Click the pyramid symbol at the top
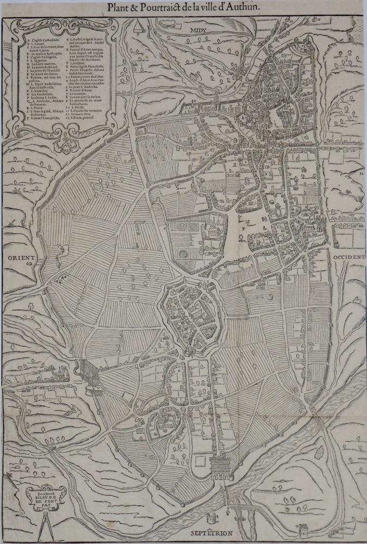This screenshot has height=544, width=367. pyautogui.click(x=136, y=24)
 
